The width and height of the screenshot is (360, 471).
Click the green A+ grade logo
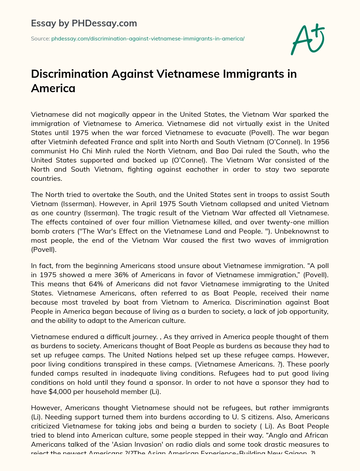(x=308, y=39)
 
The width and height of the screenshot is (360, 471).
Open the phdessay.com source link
(x=148, y=38)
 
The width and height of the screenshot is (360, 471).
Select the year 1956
(x=321, y=142)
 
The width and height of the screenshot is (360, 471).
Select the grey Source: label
(x=40, y=38)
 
